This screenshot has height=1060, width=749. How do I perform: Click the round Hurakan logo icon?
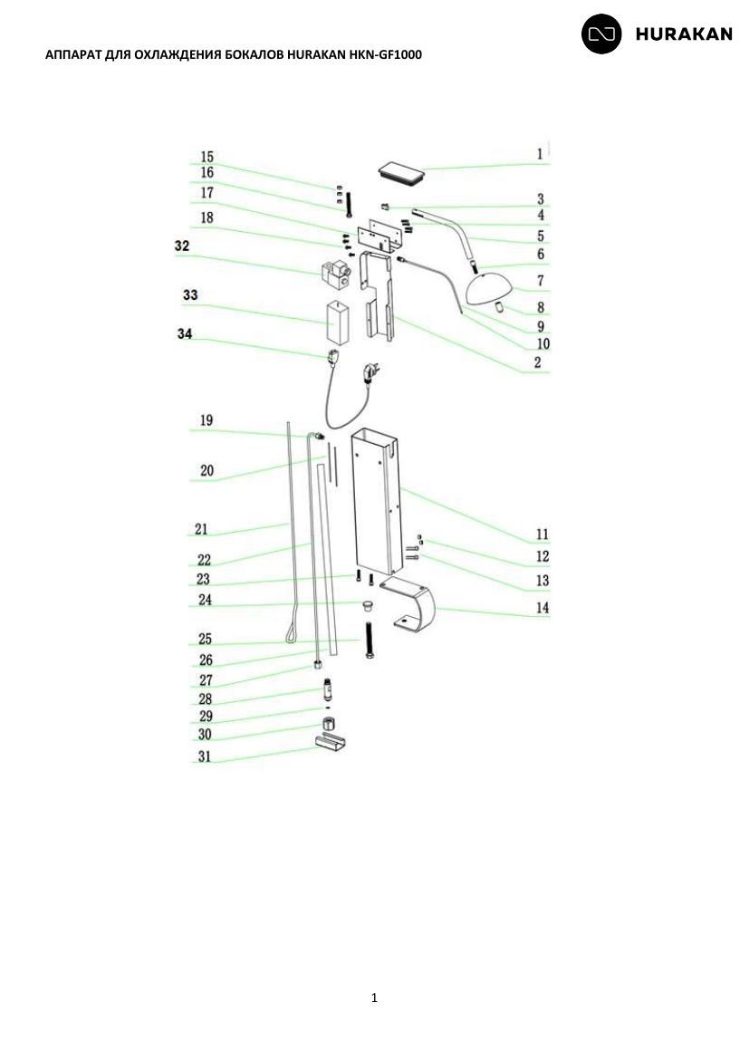click(x=601, y=34)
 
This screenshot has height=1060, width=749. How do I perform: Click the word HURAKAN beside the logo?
click(x=684, y=34)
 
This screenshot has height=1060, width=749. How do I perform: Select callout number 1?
click(x=540, y=153)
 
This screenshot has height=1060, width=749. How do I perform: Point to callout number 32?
click(x=182, y=246)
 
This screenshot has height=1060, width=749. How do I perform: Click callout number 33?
click(x=190, y=294)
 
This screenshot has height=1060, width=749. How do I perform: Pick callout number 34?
click(x=185, y=334)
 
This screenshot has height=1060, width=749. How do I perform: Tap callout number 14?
click(x=543, y=608)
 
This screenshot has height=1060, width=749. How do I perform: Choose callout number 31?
click(x=204, y=756)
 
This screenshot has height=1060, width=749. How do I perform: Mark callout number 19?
click(x=206, y=420)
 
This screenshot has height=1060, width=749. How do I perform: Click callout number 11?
click(x=543, y=535)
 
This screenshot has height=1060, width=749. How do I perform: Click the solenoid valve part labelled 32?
click(x=336, y=274)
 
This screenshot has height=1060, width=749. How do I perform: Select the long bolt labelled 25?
click(x=370, y=639)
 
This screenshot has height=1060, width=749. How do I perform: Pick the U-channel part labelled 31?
click(x=331, y=742)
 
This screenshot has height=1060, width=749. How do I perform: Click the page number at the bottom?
click(x=375, y=997)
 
